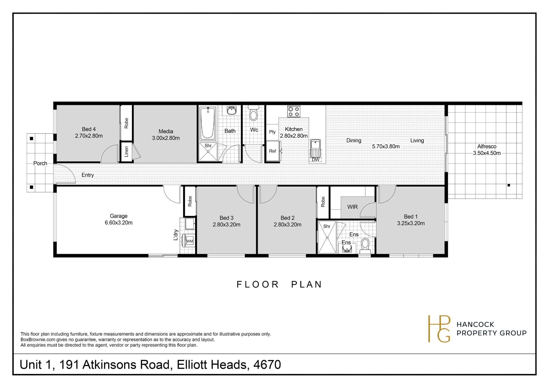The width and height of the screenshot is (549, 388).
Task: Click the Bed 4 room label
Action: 89,129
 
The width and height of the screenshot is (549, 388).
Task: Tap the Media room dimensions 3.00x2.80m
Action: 166,138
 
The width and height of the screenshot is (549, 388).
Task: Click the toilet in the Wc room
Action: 253,113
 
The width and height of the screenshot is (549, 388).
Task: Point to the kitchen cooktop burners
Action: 294,111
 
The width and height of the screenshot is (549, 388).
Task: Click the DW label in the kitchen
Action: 316,160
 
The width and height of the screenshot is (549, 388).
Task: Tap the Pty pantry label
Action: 272,132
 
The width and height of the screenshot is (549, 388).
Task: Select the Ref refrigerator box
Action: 273,151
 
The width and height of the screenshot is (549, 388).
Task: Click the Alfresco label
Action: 487,147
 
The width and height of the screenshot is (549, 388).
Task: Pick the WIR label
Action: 352,207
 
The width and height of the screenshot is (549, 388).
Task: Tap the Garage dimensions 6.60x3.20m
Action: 119,223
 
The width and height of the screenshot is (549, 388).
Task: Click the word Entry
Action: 88,175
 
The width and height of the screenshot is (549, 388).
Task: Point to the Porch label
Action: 40,163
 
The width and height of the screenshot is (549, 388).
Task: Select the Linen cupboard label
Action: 126,151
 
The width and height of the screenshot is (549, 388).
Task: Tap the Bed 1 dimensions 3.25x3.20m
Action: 411,223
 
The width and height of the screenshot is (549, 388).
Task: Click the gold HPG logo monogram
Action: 439,329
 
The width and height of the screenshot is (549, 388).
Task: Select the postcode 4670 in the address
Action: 267,365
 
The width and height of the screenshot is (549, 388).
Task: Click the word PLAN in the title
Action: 306,285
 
